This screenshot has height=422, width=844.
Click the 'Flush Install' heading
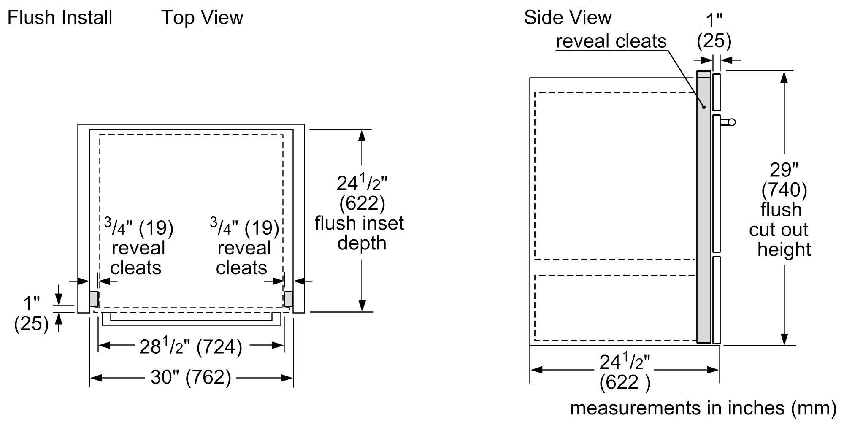pyautogui.click(x=60, y=18)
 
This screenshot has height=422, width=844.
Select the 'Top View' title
pyautogui.click(x=202, y=18)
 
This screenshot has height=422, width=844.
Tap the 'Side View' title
pyautogui.click(x=568, y=18)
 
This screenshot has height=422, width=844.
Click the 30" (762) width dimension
pyautogui.click(x=191, y=377)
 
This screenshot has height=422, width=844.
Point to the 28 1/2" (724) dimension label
pyautogui.click(x=191, y=347)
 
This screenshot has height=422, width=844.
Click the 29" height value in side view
pyautogui.click(x=784, y=170)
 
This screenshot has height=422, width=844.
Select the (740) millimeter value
pyautogui.click(x=784, y=190)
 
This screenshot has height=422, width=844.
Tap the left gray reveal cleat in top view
pyautogui.click(x=94, y=299)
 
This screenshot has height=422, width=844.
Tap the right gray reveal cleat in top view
pyautogui.click(x=289, y=299)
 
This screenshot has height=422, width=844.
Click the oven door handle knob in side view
pyautogui.click(x=731, y=122)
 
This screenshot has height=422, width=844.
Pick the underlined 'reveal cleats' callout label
pyautogui.click(x=611, y=41)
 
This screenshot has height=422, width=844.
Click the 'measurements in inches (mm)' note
pyautogui.click(x=703, y=408)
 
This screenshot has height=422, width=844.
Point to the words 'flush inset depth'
pyautogui.click(x=360, y=233)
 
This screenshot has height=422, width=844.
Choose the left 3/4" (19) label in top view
pyautogui.click(x=139, y=228)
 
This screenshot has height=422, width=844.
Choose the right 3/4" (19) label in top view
pyautogui.click(x=244, y=228)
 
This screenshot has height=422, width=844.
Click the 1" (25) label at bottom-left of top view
pyautogui.click(x=31, y=314)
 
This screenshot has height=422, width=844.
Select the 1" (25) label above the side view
pyautogui.click(x=714, y=31)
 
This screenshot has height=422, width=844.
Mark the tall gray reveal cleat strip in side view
pyautogui.click(x=703, y=211)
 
